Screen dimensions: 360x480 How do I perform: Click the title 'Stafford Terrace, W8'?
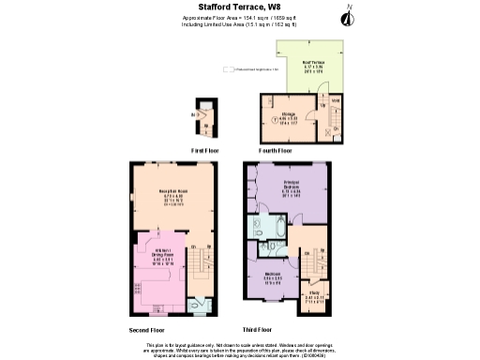click(239, 8)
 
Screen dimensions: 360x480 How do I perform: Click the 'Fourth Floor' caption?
click(276, 150)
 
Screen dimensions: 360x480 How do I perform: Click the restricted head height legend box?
click(227, 67)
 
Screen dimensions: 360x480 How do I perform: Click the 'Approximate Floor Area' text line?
click(239, 19)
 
